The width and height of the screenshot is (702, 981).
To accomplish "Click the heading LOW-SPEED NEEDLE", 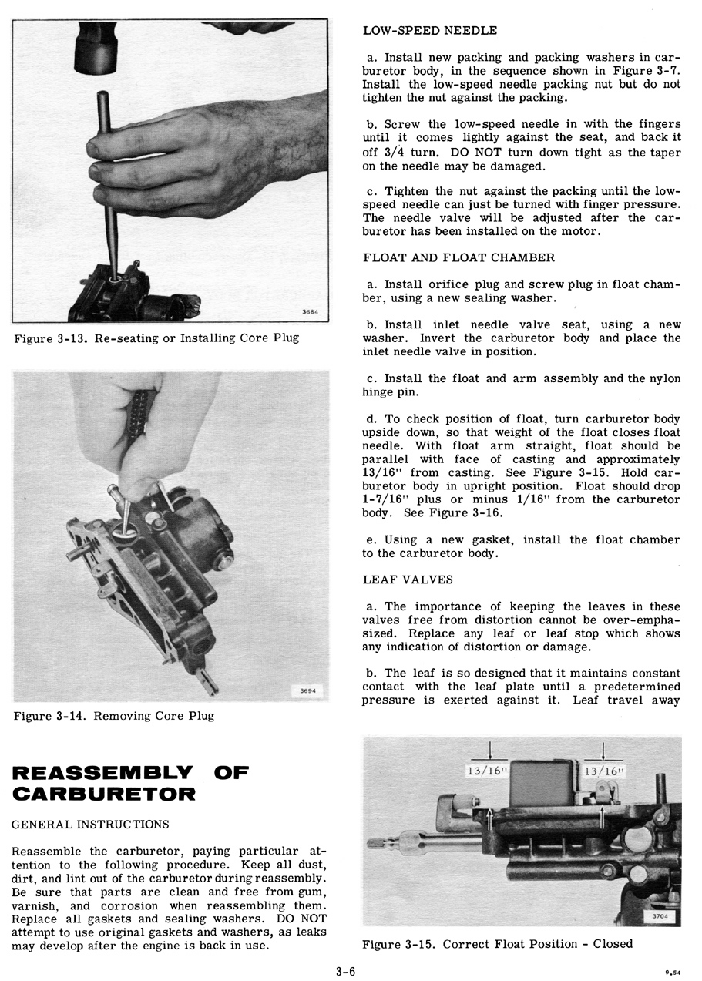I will pos(429,31).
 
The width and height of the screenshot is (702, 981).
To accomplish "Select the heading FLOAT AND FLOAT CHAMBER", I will pos(458,257).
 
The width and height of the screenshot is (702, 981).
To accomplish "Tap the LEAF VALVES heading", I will pos(408,579).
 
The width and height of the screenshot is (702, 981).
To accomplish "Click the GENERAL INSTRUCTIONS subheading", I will pos(90,825).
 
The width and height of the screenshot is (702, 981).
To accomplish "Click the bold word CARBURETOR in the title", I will pos(103,794).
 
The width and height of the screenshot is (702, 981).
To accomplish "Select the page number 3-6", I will pos(345,971).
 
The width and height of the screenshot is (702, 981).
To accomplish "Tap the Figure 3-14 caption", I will pos(113,716).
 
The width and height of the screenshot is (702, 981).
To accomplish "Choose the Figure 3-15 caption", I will pos(497,944).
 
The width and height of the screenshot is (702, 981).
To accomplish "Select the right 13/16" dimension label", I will pos(604,771).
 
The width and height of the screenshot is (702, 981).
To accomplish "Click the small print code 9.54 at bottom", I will pos(673,973).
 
